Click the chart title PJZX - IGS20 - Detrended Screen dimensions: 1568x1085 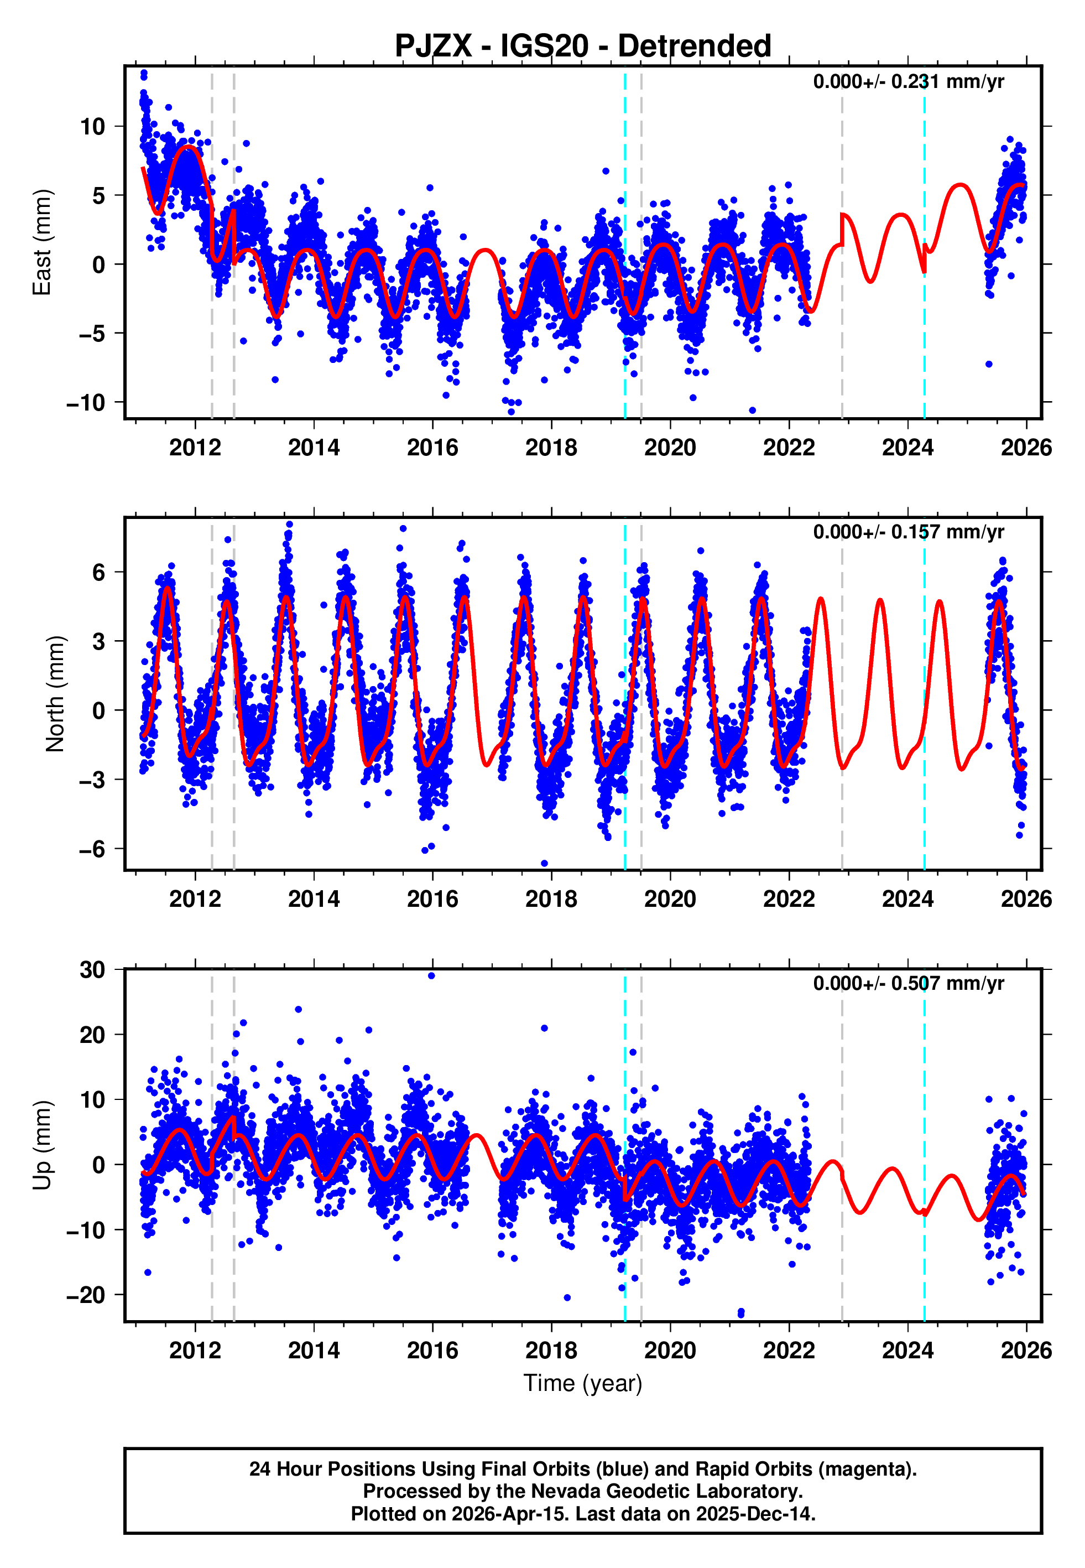583,46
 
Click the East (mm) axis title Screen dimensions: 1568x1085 42,242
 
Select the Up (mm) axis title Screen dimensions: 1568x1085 42,1145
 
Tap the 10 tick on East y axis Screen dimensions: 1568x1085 93,127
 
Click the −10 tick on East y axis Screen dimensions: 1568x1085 86,403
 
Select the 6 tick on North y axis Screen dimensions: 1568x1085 99,573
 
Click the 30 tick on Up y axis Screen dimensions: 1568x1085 93,970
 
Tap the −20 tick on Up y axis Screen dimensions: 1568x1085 86,1295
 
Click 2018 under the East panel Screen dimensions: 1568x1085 551,448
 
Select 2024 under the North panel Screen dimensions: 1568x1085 907,899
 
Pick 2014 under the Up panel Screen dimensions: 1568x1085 314,1351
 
